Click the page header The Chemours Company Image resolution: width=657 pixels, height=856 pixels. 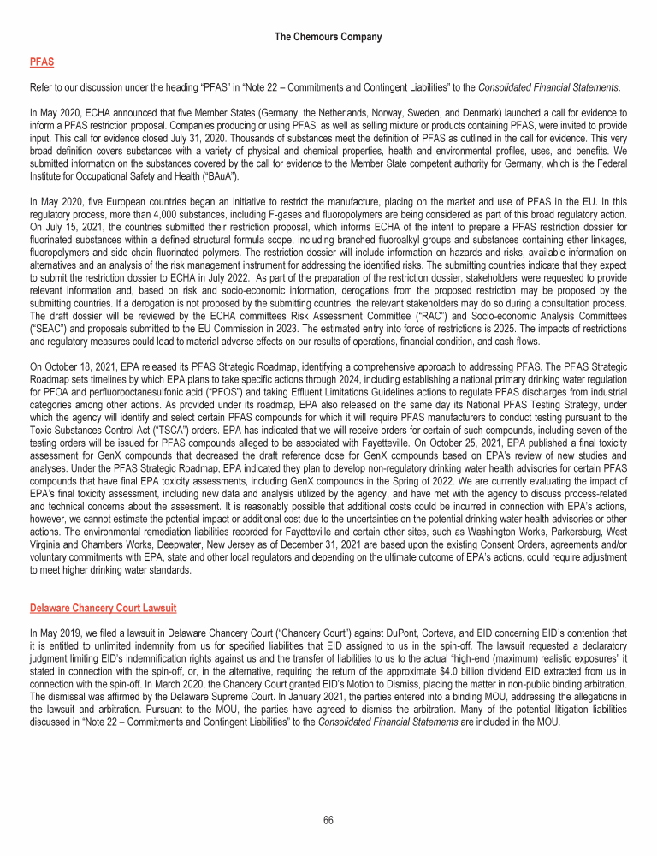coord(328,37)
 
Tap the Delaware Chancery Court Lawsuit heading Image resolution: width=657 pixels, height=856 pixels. coord(103,609)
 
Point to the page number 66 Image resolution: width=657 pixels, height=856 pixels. coord(328,819)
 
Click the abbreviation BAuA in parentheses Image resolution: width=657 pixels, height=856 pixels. coord(216,176)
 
